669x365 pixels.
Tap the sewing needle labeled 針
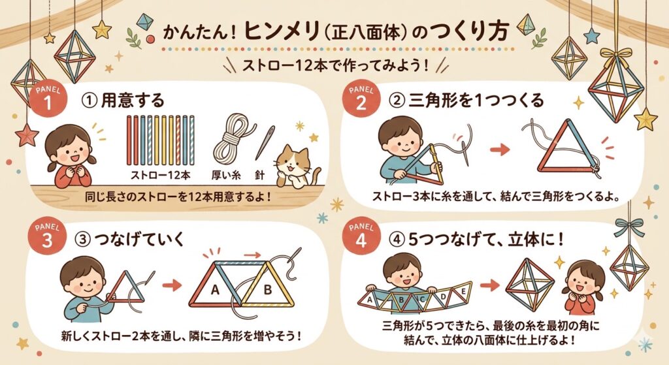[265, 143]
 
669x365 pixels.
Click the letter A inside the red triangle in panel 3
[214, 290]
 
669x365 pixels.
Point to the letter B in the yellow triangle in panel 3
[267, 290]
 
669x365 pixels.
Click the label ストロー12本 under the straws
[161, 175]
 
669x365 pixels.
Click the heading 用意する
[132, 101]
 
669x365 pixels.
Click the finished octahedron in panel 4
[529, 285]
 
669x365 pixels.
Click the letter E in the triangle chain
[463, 292]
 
